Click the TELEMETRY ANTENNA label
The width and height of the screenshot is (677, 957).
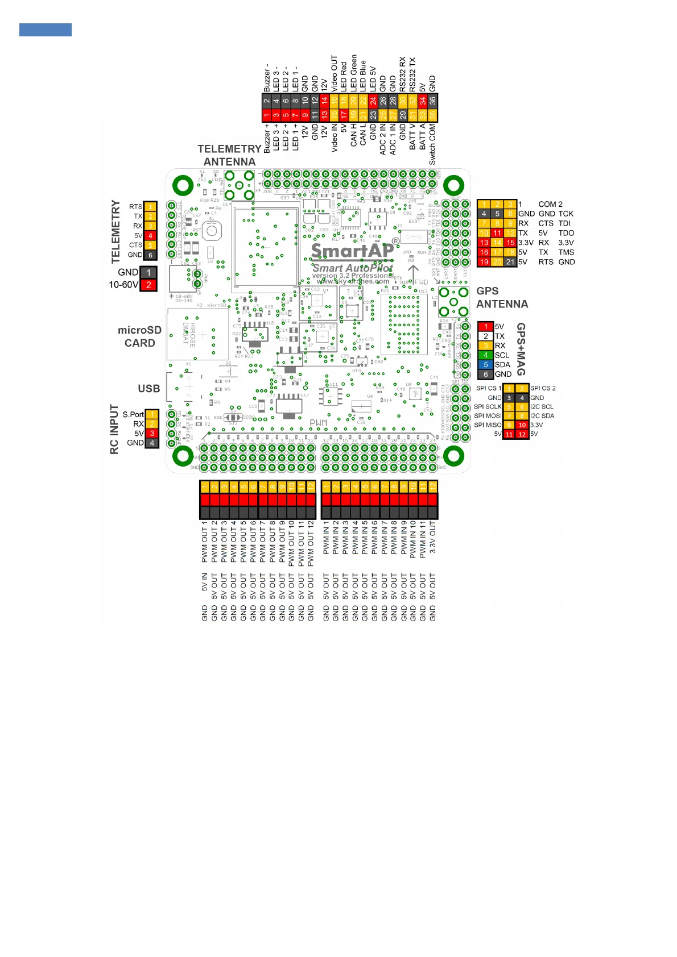click(229, 155)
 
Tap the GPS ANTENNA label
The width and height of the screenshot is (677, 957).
click(502, 297)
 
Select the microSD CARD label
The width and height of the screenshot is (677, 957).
click(139, 336)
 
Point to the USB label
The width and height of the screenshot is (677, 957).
click(148, 389)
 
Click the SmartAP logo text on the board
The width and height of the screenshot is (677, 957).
click(353, 251)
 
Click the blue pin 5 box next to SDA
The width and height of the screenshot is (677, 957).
click(485, 365)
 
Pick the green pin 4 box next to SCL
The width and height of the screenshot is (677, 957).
click(485, 355)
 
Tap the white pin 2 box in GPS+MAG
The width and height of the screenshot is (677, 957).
click(485, 336)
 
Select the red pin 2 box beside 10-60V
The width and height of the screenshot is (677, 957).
click(148, 285)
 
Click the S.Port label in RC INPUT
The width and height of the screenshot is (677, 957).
click(133, 414)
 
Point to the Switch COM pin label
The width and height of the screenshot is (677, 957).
click(432, 144)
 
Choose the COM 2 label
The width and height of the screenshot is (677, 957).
click(550, 204)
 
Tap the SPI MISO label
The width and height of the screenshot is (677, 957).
click(488, 425)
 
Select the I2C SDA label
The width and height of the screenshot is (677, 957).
click(542, 415)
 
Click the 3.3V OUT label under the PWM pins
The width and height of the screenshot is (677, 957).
click(432, 537)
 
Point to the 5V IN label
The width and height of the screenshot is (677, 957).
click(205, 582)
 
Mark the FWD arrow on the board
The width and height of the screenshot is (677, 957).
click(414, 276)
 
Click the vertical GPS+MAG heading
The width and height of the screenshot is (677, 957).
click(521, 349)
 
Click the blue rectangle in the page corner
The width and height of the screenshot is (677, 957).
click(46, 30)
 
